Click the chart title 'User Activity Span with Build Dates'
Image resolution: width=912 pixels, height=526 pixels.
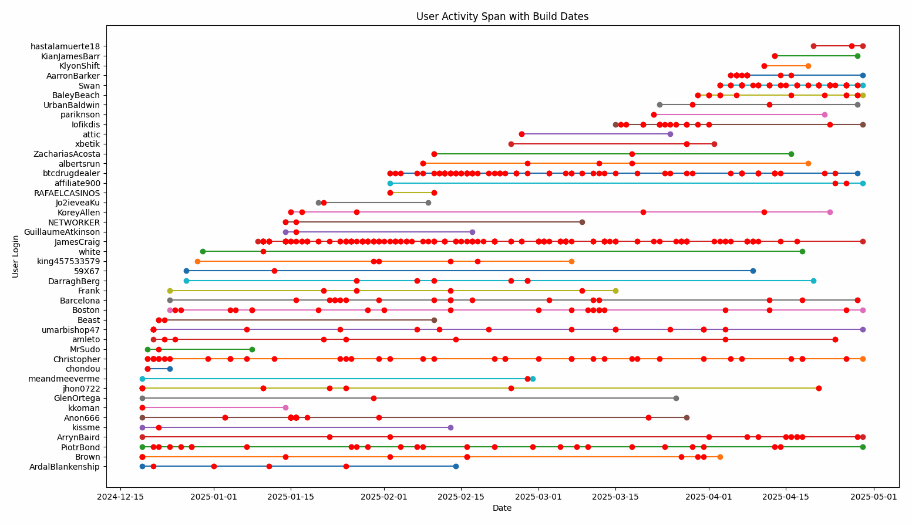502,16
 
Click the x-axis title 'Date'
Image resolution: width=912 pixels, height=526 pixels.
502,508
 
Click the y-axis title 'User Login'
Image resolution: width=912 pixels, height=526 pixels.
16,256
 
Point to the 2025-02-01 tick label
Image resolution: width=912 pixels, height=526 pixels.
384,497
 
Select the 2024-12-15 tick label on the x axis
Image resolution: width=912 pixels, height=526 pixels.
120,497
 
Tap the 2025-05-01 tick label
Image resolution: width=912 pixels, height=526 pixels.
873,497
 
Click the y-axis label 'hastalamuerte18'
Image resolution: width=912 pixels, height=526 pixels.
65,46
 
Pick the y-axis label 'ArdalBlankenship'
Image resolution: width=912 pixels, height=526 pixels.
65,467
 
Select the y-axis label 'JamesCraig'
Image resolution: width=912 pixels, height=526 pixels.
77,242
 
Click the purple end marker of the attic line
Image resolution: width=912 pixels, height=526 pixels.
670,134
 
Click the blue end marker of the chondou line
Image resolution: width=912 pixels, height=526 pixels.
170,369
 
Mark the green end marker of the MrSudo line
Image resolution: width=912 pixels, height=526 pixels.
252,349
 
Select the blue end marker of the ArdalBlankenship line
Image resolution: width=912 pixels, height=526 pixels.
456,467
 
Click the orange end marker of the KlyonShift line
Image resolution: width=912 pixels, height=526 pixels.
808,66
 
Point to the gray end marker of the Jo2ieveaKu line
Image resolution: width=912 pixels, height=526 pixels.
428,203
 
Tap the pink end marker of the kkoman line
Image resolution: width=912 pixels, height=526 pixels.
285,408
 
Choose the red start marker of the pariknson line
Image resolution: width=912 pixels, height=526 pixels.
654,114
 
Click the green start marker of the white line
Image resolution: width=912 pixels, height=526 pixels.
203,251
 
